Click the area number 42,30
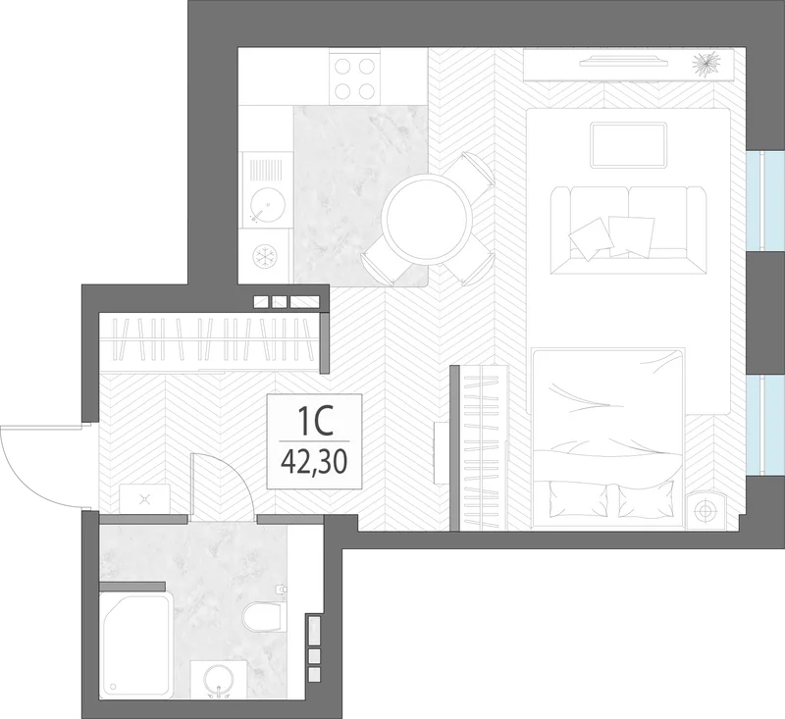[x=314, y=462]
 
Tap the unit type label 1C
[x=315, y=421]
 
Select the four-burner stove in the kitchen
[x=354, y=77]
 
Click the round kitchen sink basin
[x=267, y=205]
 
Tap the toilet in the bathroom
[x=262, y=616]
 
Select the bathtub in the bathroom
[x=136, y=644]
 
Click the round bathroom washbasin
[x=220, y=680]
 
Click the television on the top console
[x=624, y=61]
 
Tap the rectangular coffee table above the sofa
[x=629, y=145]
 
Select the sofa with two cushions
[x=628, y=231]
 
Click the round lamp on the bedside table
[x=706, y=511]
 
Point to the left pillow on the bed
[x=578, y=499]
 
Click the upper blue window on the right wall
[x=765, y=200]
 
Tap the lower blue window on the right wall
[x=765, y=425]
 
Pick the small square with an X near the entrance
[x=144, y=498]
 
